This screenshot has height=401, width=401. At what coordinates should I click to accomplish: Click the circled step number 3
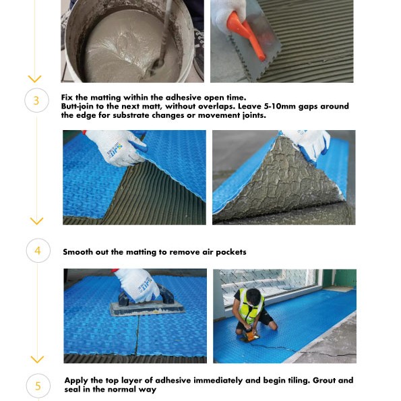[36, 101]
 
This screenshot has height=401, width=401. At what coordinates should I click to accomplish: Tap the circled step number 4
[38, 251]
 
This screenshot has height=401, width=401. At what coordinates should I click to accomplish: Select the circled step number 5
[38, 385]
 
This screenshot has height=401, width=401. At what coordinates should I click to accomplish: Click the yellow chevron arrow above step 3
[36, 80]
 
